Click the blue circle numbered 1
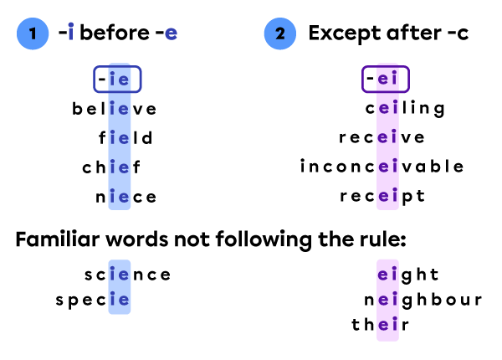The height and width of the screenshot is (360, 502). (x=33, y=33)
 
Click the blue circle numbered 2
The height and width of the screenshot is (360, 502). (x=279, y=33)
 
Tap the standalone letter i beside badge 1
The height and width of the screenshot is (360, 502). (x=71, y=33)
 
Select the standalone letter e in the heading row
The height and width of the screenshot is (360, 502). (x=171, y=33)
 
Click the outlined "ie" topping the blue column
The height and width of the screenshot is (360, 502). (x=118, y=80)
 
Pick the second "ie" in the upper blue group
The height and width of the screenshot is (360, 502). (x=120, y=109)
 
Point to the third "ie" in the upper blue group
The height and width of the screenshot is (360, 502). (x=120, y=138)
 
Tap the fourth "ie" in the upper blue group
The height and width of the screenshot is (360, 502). (x=120, y=167)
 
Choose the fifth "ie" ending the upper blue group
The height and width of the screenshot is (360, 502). (x=120, y=197)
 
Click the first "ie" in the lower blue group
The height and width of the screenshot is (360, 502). (x=120, y=274)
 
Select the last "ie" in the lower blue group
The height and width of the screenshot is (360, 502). (x=120, y=300)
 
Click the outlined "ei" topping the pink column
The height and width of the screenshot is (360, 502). (x=387, y=80)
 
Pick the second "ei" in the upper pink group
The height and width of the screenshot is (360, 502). (x=387, y=108)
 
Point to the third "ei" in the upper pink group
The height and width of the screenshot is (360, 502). (x=387, y=137)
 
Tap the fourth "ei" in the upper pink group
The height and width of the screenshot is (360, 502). (x=387, y=167)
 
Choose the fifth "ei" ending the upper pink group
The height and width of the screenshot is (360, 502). (x=387, y=196)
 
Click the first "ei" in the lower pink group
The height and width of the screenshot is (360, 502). (x=387, y=274)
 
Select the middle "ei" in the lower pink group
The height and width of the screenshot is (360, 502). (x=387, y=299)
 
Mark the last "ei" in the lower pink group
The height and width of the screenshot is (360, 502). (x=387, y=325)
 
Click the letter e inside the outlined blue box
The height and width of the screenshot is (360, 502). (x=124, y=80)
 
